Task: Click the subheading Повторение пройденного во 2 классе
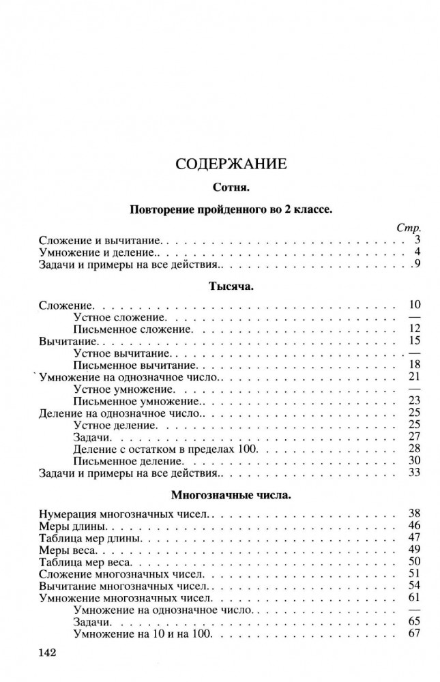click(230, 209)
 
